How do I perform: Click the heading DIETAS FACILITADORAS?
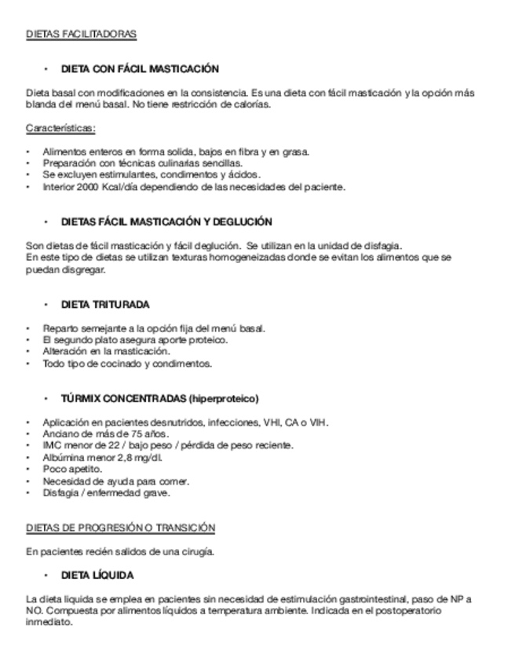pos(81,35)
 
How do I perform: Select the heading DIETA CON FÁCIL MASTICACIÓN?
pos(140,69)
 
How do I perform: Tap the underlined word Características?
pos(60,127)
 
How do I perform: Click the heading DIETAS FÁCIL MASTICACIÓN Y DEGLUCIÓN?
pos(166,222)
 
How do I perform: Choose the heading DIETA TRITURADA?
pos(105,304)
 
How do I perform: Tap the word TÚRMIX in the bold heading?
pos(80,398)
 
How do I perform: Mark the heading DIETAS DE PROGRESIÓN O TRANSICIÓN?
pos(120,527)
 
